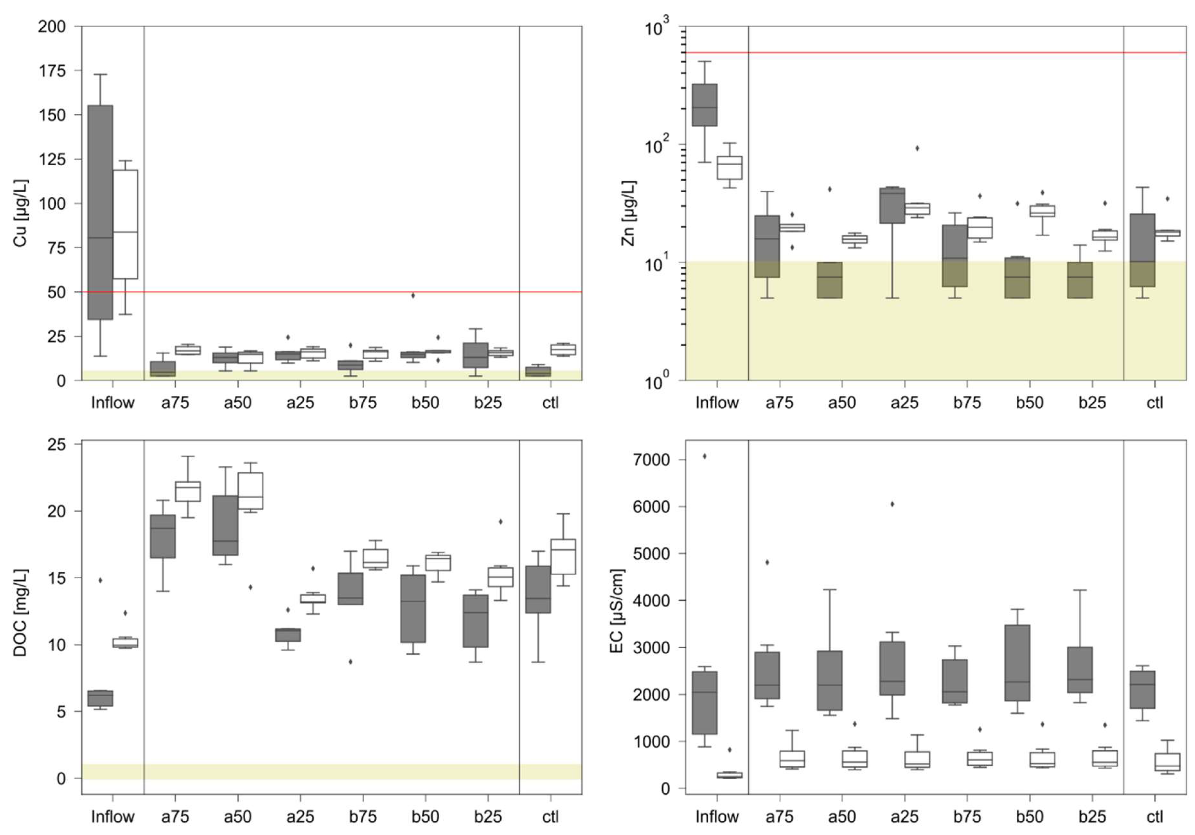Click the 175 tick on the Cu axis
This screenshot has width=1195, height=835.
[x=53, y=71]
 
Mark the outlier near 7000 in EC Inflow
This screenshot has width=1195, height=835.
[x=705, y=457]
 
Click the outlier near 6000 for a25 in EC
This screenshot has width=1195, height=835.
[x=892, y=504]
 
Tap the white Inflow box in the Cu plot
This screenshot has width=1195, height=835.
[x=125, y=224]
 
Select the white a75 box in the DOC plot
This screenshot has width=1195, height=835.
[x=188, y=491]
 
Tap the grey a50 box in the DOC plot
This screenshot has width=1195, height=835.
[x=225, y=525]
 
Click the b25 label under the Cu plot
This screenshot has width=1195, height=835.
[x=488, y=402]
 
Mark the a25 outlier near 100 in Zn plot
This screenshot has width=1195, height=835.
[x=917, y=148]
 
